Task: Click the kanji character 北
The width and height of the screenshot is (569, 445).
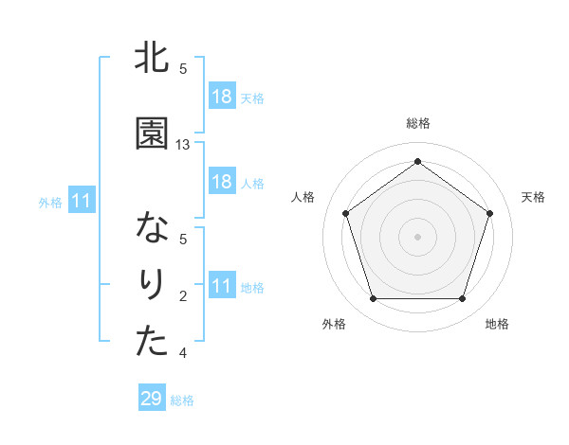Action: [x=152, y=60]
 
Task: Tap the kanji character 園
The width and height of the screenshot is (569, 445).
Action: [x=152, y=134]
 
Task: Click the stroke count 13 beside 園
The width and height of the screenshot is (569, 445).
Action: [x=183, y=145]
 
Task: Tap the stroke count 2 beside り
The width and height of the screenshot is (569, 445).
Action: [x=183, y=296]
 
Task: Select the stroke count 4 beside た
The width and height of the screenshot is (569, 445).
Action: [x=183, y=353]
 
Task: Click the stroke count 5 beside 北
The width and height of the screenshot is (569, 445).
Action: [x=183, y=69]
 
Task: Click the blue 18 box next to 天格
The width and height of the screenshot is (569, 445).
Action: [x=221, y=97]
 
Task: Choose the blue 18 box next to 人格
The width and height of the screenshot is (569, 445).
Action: [x=221, y=182]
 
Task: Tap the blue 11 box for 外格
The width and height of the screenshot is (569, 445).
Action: [x=81, y=201]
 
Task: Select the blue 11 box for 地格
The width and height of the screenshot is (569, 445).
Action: [x=221, y=286]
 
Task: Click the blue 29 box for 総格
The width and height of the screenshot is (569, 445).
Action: [x=152, y=399]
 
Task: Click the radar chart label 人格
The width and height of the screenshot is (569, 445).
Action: [x=303, y=197]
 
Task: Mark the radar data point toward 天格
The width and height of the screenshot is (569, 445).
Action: [x=490, y=213]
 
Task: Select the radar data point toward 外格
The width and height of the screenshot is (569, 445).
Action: [x=373, y=299]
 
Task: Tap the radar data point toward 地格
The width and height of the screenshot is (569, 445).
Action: [x=462, y=299]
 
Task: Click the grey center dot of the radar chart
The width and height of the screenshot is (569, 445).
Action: [x=417, y=237]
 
